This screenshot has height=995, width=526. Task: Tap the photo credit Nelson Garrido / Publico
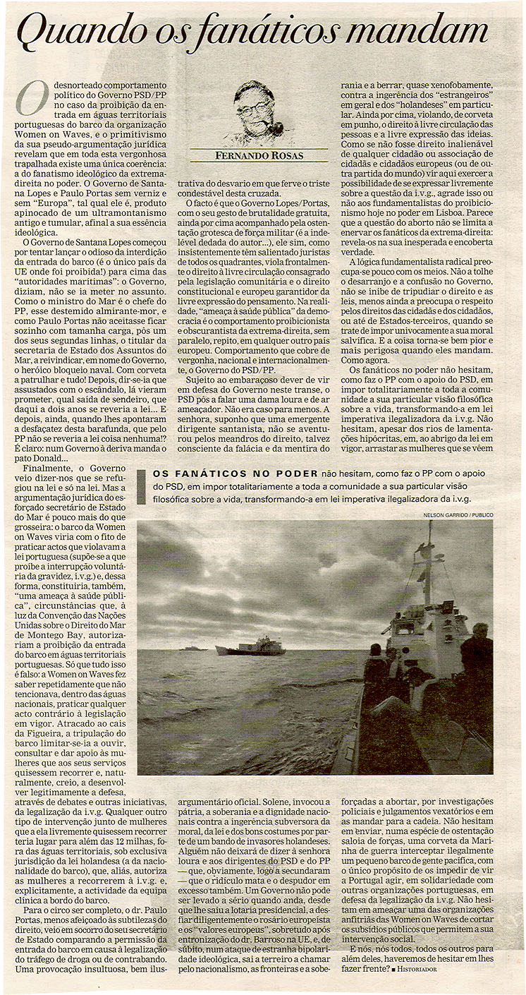click(458, 515)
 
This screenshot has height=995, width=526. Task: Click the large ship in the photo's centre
click(250, 646)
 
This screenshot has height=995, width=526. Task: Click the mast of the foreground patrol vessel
click(428, 565)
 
